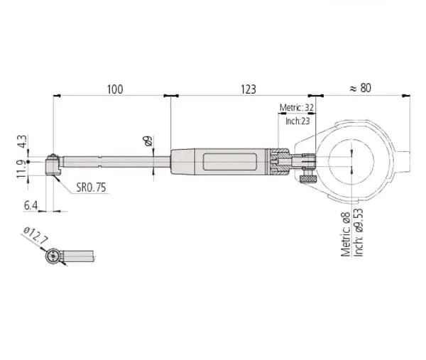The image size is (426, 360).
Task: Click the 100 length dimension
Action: tap(115, 89)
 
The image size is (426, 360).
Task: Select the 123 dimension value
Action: tap(248, 89)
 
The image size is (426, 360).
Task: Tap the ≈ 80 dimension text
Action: tap(360, 88)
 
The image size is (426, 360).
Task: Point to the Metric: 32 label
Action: tap(297, 108)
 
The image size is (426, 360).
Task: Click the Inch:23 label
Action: tap(297, 121)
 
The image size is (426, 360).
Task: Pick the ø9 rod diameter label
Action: tap(148, 141)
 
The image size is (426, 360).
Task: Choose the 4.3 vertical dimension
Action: tap(22, 141)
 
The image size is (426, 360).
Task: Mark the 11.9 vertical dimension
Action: tap(22, 169)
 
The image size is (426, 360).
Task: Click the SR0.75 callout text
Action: tap(91, 187)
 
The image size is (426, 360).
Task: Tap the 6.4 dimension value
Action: tap(31, 205)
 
